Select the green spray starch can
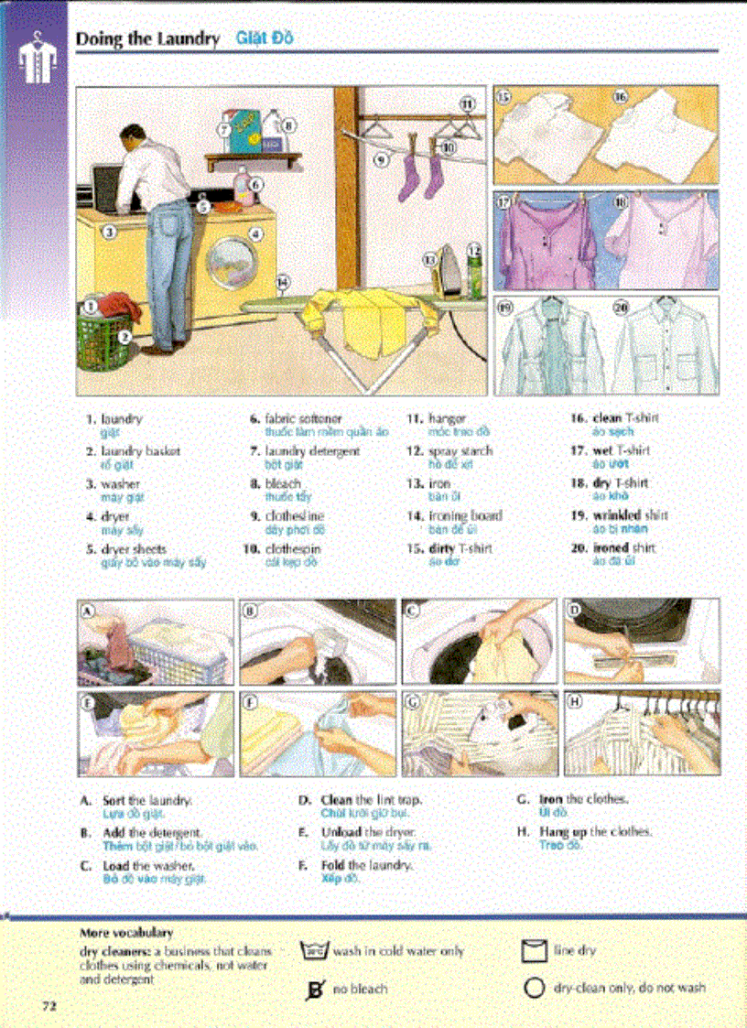[474, 275]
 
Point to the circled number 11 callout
[466, 104]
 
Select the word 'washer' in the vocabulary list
[121, 483]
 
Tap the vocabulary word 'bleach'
[283, 483]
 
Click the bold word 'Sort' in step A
[114, 800]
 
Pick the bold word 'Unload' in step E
[338, 832]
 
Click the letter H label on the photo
[576, 701]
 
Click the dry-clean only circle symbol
[535, 988]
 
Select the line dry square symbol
[534, 952]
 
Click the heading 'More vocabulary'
[126, 933]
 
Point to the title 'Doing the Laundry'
[147, 39]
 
